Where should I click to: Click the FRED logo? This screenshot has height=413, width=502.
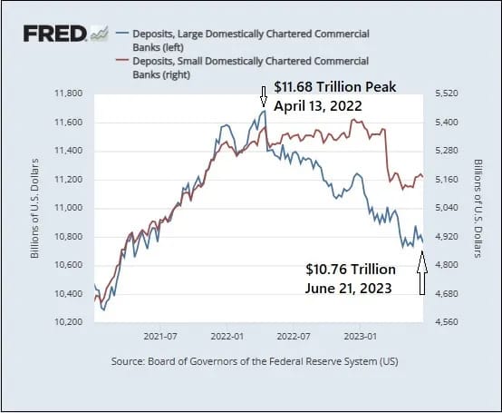65,34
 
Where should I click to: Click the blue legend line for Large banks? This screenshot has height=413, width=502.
122,33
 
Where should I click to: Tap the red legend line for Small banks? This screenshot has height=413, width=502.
122,60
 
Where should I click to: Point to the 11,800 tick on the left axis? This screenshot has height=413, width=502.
69,93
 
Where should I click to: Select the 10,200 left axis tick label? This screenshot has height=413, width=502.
69,321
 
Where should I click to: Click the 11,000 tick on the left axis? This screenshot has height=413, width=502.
69,208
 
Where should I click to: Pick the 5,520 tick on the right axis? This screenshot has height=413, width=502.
447,93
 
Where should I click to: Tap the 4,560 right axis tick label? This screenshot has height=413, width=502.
447,321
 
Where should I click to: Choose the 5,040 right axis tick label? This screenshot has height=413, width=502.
447,208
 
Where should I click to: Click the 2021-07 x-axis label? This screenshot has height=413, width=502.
160,337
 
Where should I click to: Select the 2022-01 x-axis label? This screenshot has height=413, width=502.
227,337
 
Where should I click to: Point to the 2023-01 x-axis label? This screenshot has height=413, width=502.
360,337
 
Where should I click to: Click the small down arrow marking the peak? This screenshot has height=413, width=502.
264,96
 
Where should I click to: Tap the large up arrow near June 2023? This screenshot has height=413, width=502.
422,273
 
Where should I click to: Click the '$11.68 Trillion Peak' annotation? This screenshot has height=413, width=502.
335,87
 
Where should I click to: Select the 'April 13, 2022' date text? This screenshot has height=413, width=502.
317,106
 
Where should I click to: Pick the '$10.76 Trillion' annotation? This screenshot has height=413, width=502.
351,269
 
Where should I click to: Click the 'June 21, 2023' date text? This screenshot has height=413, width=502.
348,288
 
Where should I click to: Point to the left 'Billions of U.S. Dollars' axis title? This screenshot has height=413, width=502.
34,208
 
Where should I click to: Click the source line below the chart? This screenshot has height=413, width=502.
255,361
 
